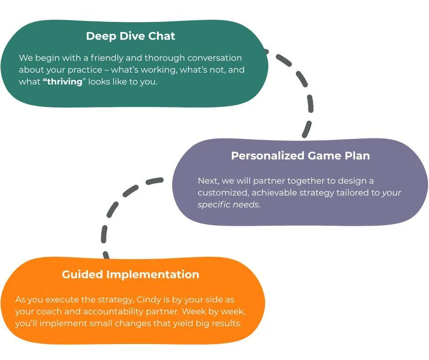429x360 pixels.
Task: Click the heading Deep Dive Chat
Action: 131,36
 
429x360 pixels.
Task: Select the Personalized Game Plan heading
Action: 300,156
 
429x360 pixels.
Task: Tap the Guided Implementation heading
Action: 131,274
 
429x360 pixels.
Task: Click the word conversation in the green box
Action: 214,58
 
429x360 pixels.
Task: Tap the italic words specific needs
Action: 228,205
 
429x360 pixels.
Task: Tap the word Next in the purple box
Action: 209,181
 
